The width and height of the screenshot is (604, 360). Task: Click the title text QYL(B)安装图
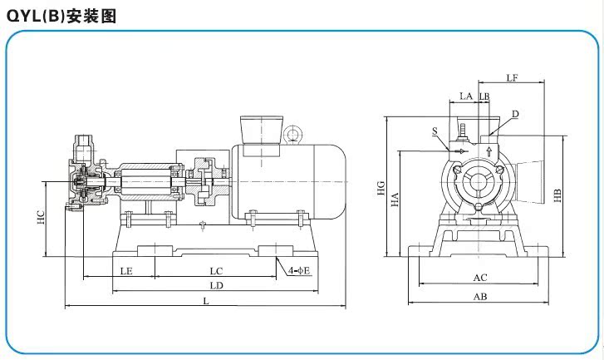click(x=61, y=16)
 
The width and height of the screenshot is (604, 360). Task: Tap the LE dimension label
click(x=126, y=271)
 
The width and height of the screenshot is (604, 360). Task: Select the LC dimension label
click(x=217, y=271)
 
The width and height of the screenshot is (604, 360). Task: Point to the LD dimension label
click(x=217, y=286)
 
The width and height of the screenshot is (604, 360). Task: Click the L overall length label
click(x=206, y=301)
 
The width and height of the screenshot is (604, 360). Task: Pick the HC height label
click(x=41, y=217)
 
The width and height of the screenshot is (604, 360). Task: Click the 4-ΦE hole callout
click(x=299, y=270)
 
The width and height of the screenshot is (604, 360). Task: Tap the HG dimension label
click(x=381, y=188)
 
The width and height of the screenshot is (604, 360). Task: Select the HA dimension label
click(x=395, y=200)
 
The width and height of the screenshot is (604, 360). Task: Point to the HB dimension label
click(x=557, y=195)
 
